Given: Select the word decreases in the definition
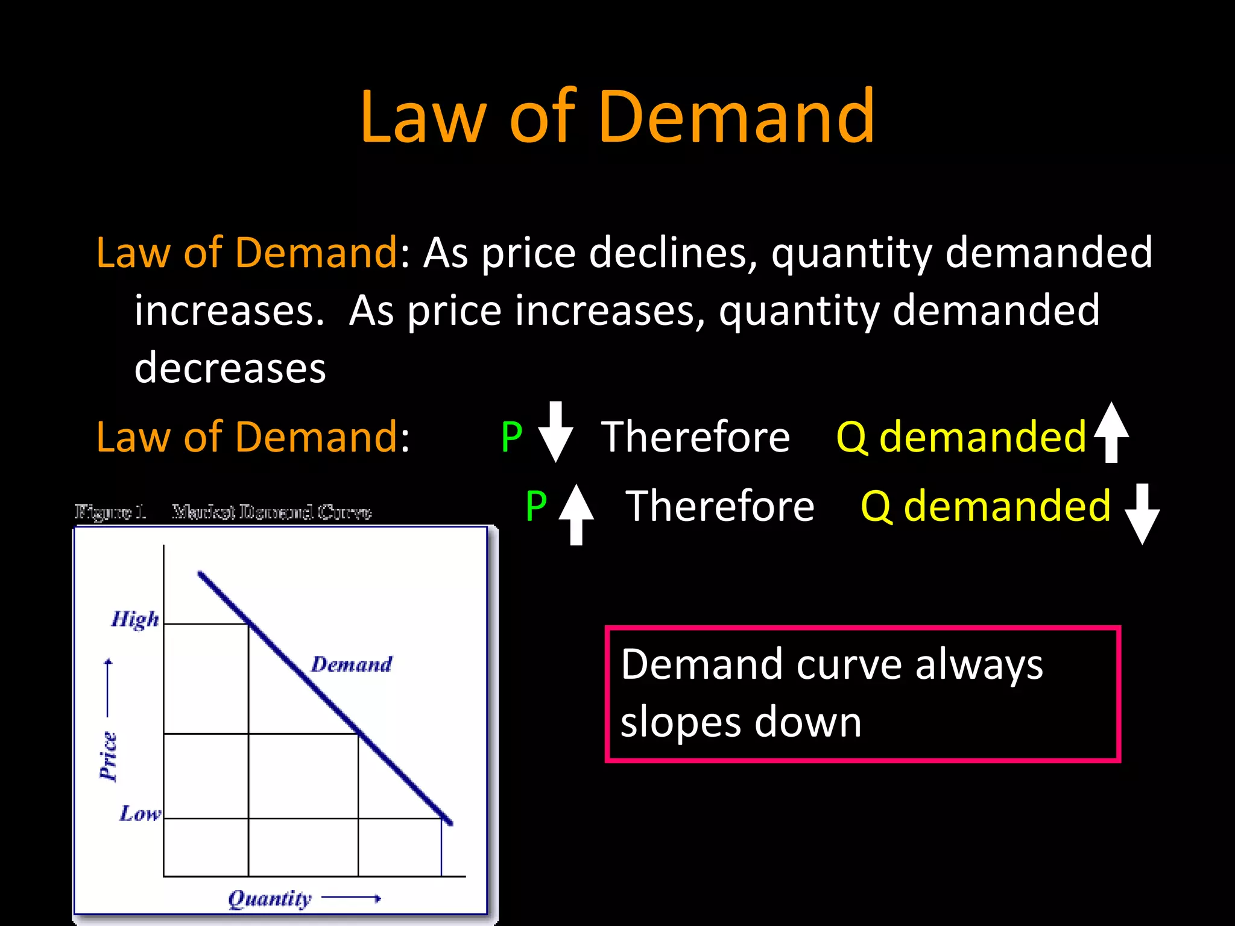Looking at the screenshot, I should pyautogui.click(x=230, y=368).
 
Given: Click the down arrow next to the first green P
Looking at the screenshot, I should pyautogui.click(x=555, y=432).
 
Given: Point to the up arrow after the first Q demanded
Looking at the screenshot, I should pyautogui.click(x=1111, y=432).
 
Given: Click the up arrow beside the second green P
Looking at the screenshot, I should pyautogui.click(x=576, y=514).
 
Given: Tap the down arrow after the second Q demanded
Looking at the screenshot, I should pyautogui.click(x=1142, y=514).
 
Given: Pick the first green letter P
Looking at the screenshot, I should pyautogui.click(x=511, y=436).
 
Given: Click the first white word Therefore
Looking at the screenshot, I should pyautogui.click(x=695, y=436).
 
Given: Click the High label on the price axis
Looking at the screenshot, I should pyautogui.click(x=135, y=620).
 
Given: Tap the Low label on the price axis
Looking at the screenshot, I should pyautogui.click(x=140, y=814).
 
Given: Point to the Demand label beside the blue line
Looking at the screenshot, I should pyautogui.click(x=352, y=664).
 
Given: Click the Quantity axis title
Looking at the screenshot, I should pyautogui.click(x=270, y=899).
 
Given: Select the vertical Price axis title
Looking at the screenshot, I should pyautogui.click(x=109, y=757).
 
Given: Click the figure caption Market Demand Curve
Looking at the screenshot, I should pyautogui.click(x=271, y=512).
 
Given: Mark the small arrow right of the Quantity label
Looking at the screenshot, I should pyautogui.click(x=352, y=899).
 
